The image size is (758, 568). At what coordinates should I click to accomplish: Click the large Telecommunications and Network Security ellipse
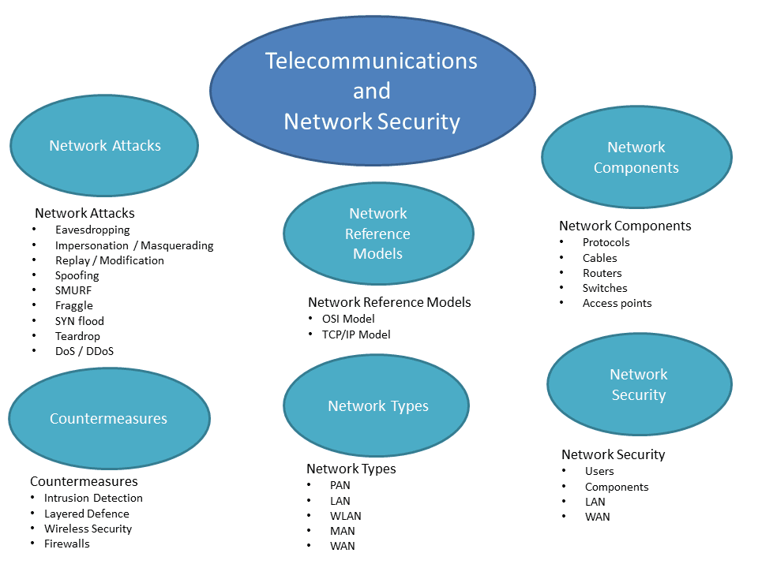pyautogui.click(x=371, y=91)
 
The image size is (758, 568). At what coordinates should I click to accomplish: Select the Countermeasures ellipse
pyautogui.click(x=109, y=418)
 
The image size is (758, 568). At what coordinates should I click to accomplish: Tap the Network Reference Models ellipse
pyautogui.click(x=378, y=234)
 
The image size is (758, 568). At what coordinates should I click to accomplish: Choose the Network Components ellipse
pyautogui.click(x=636, y=157)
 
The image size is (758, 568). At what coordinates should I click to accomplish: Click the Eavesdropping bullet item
pyautogui.click(x=92, y=230)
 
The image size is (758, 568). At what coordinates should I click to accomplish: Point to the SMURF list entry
pyautogui.click(x=73, y=290)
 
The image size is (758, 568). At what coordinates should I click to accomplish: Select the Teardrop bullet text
pyautogui.click(x=77, y=336)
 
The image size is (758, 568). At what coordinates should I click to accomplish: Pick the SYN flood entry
pyautogui.click(x=79, y=321)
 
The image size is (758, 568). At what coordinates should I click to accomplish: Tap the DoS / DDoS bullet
pyautogui.click(x=84, y=351)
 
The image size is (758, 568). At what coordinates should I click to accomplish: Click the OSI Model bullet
pyautogui.click(x=348, y=319)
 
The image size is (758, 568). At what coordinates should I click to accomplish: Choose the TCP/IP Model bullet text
pyautogui.click(x=356, y=334)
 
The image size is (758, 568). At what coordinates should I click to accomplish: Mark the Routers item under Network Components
pyautogui.click(x=602, y=273)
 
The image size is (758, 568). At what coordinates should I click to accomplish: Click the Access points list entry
pyautogui.click(x=617, y=303)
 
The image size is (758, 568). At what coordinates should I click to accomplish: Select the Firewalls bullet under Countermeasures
pyautogui.click(x=67, y=544)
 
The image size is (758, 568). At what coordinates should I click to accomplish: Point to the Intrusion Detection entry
pyautogui.click(x=93, y=498)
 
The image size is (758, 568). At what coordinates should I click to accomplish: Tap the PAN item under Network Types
pyautogui.click(x=340, y=485)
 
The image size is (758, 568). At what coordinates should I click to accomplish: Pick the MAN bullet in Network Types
pyautogui.click(x=343, y=531)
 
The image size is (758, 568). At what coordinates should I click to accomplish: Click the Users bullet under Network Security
pyautogui.click(x=599, y=471)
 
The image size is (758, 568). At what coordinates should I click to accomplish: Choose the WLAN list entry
pyautogui.click(x=346, y=516)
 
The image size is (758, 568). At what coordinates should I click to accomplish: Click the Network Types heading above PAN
pyautogui.click(x=351, y=469)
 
